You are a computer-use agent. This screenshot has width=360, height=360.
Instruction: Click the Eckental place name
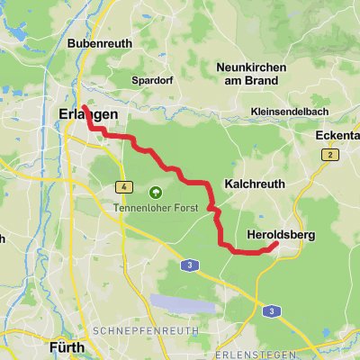click(x=337, y=136)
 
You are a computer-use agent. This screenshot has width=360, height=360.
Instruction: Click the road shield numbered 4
click(x=121, y=187)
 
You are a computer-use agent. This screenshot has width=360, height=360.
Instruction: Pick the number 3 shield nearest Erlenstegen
click(x=271, y=310)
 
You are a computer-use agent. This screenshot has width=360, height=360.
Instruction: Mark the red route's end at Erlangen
click(x=84, y=107)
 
